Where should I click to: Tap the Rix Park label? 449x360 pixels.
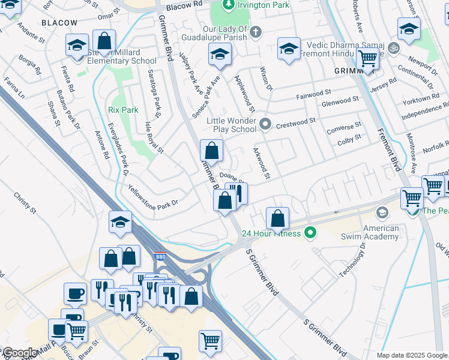point(123,110)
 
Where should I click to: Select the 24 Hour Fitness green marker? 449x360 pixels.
point(310,233)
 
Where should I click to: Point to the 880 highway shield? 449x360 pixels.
point(160,256)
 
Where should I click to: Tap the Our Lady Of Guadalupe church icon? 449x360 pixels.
point(255,31)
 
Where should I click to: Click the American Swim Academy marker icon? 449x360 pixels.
point(382,212)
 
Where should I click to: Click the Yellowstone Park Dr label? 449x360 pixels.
point(153,196)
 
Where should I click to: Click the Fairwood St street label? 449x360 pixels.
point(313,94)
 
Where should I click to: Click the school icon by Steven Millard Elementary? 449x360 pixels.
point(77,46)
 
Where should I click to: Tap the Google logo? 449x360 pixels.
point(19,353)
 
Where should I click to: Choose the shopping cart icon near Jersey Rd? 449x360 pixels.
point(367,59)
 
